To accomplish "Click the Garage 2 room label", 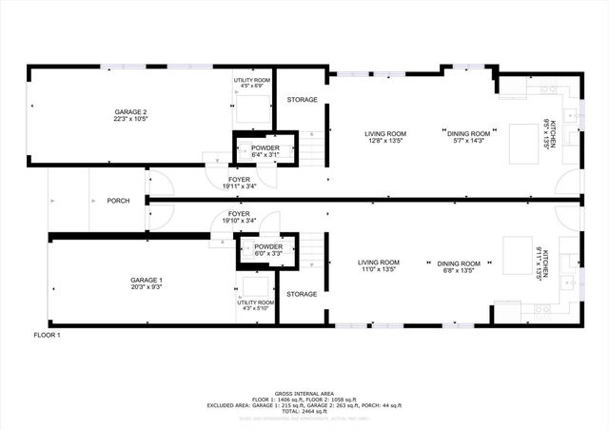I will coord(131,116).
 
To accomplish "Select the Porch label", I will coord(118,201).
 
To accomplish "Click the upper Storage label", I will coord(302,99).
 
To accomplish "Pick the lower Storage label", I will coord(302,294).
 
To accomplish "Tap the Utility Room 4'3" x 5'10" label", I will coord(254,305).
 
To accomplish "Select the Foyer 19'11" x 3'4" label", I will coord(237,182).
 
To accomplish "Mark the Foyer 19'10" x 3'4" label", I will coord(237,218).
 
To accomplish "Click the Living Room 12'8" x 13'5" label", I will coord(385,137).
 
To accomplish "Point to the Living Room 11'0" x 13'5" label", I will coord(378,265).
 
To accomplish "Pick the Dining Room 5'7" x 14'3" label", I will coord(468,137).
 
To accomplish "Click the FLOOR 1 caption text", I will coord(47,336).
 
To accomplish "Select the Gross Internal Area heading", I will coord(304,391).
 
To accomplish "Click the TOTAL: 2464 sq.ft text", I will coord(304,411).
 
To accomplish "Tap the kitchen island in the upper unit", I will coord(520,137).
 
